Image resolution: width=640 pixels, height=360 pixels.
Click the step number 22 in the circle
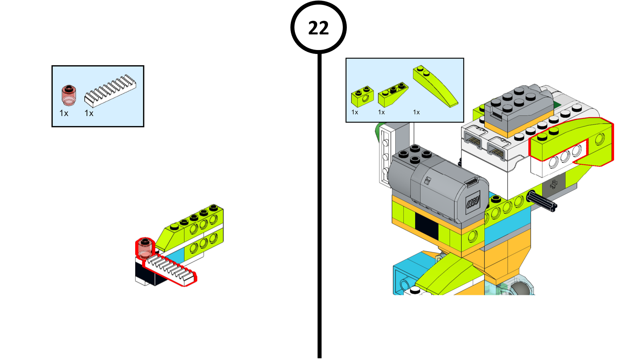point(318,28)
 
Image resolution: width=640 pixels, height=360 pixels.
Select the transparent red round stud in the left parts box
point(68,95)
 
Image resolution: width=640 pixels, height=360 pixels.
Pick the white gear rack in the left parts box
point(110,91)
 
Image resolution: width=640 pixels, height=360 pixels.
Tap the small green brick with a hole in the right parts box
point(362,96)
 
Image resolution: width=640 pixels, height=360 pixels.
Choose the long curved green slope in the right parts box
point(435,86)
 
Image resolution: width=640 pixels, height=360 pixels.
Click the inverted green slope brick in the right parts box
point(393,94)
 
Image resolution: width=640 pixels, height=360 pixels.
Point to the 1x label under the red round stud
point(64,114)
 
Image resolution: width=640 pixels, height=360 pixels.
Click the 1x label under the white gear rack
point(89,114)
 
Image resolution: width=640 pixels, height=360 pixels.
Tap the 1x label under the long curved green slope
point(416,112)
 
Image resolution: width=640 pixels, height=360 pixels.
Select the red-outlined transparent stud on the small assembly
point(145,248)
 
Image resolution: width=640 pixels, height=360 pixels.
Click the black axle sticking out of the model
point(542,202)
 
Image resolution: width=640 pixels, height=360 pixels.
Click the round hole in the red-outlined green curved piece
point(600,139)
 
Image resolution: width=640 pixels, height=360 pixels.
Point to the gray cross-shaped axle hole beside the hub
point(554,184)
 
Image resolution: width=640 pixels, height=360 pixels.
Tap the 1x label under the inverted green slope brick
point(382,112)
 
